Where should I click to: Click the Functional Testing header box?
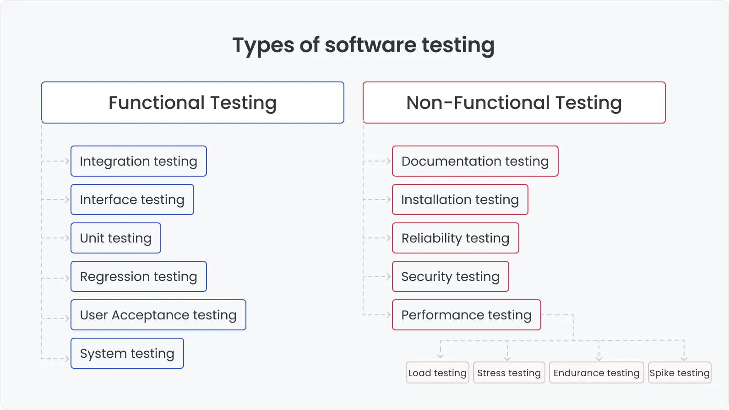(x=192, y=102)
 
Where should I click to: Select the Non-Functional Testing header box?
(x=514, y=102)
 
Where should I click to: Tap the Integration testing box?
(x=138, y=161)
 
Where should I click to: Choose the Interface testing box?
(x=132, y=200)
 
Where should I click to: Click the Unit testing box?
(x=115, y=238)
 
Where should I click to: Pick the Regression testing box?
(x=138, y=276)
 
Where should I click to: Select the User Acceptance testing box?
(x=158, y=315)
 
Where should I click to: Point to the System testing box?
(x=127, y=353)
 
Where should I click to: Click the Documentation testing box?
(x=475, y=161)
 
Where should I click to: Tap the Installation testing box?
(x=460, y=200)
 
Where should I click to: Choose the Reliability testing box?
(x=455, y=238)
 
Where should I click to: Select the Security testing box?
(x=450, y=276)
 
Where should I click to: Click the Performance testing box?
(x=466, y=315)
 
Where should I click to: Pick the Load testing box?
(x=437, y=372)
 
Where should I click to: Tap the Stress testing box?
(x=509, y=372)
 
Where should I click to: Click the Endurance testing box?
(x=596, y=372)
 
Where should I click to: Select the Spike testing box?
(x=680, y=372)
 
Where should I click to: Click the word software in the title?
(x=370, y=45)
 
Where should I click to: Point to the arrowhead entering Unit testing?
(x=67, y=238)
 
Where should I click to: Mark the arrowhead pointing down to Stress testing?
(x=507, y=358)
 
